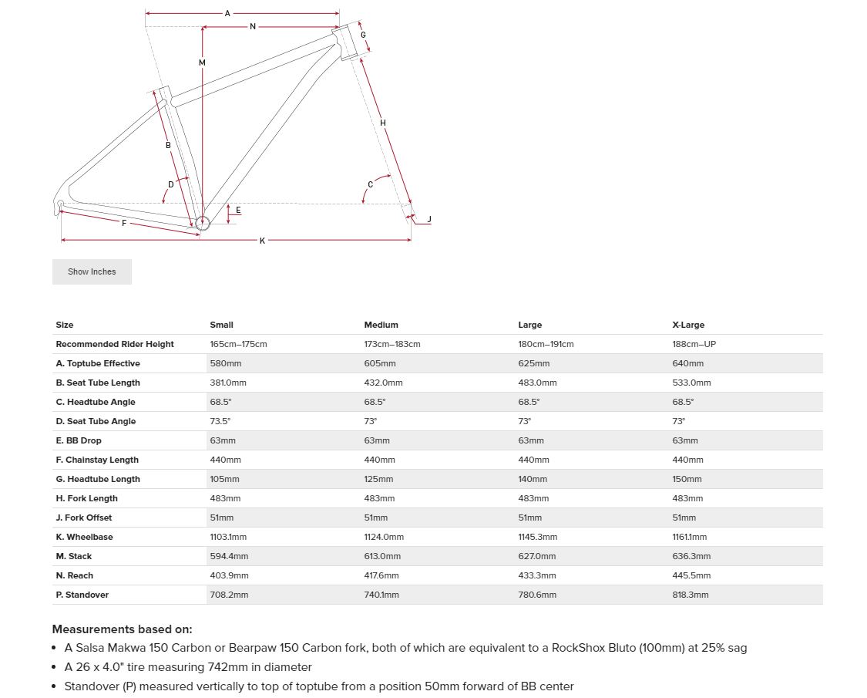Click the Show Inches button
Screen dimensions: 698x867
pos(92,271)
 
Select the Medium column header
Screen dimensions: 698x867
pos(381,325)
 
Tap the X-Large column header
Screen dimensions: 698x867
pos(688,325)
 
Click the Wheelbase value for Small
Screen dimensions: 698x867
pos(228,537)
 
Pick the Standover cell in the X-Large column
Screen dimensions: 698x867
pos(691,595)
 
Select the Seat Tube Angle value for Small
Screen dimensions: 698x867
pos(220,421)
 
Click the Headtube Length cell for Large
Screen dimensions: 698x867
pos(533,479)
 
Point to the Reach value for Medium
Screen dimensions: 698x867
pos(381,575)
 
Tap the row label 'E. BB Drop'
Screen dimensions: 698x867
pos(79,440)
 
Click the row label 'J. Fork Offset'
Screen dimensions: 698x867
pos(84,518)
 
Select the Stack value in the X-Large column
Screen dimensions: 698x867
pos(691,556)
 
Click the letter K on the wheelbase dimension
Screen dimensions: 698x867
pos(262,241)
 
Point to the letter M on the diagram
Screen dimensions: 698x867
pos(202,62)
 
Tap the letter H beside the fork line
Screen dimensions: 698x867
pos(383,123)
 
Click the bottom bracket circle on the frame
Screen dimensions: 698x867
pos(202,224)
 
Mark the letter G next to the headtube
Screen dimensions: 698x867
pos(363,35)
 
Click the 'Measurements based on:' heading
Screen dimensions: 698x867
pos(122,629)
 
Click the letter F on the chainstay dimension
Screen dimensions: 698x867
pos(124,223)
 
